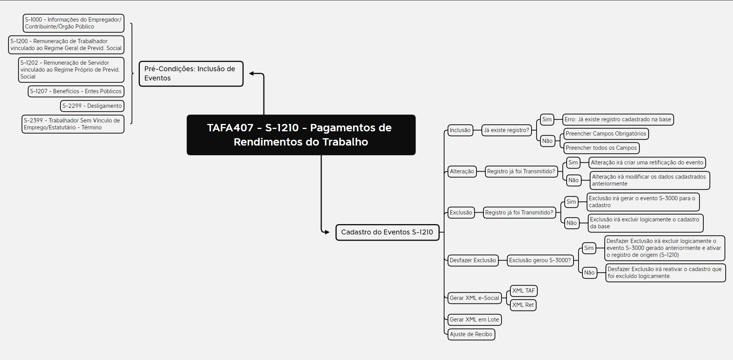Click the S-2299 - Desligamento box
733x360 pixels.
click(92, 106)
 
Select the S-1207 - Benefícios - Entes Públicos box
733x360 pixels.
click(76, 91)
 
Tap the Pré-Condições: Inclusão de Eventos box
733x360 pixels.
click(191, 74)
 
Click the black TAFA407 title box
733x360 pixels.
click(301, 135)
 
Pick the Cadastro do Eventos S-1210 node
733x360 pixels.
click(387, 232)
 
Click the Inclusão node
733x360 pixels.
click(460, 130)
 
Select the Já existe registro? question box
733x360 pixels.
click(506, 130)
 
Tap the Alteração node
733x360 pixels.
click(462, 171)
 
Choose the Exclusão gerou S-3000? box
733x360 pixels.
click(540, 260)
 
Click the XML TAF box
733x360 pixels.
click(523, 291)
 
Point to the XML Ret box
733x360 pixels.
click(523, 305)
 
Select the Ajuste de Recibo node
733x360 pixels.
click(471, 334)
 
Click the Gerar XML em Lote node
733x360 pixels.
click(474, 320)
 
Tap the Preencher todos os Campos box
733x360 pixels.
click(601, 148)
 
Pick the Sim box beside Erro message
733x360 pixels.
click(547, 119)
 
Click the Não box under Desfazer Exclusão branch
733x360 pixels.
click(589, 273)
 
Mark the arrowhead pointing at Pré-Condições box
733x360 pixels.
click(252, 73)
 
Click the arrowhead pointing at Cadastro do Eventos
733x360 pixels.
click(327, 232)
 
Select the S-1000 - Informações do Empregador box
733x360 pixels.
click(73, 23)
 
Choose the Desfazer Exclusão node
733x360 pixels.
click(473, 260)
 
